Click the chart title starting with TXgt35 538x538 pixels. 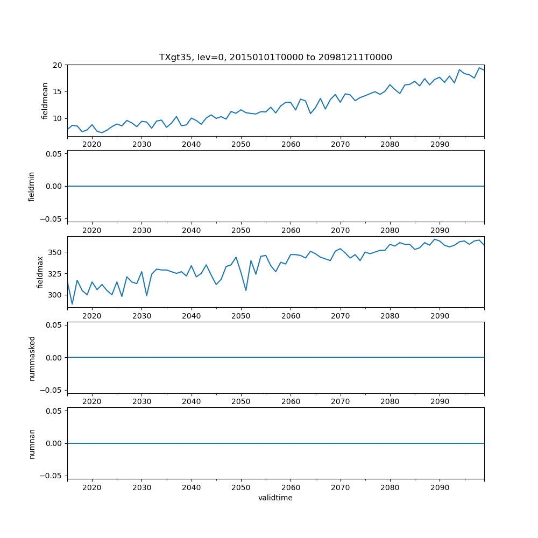[275, 57]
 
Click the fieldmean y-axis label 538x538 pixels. [45, 101]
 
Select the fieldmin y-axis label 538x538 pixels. [32, 186]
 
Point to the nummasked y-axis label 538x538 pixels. [32, 358]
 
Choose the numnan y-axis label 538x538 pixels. [32, 443]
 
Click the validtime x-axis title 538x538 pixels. [275, 498]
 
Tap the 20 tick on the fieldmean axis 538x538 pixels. [58, 65]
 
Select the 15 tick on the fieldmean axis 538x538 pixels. [58, 91]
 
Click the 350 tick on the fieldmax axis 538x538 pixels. [54, 252]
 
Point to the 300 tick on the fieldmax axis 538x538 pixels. [54, 295]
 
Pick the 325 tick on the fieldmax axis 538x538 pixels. [54, 273]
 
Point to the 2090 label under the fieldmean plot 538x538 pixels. [440, 144]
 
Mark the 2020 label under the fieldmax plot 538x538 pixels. [92, 316]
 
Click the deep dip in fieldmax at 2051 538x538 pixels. [246, 291]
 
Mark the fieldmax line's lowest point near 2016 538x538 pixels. [72, 304]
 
